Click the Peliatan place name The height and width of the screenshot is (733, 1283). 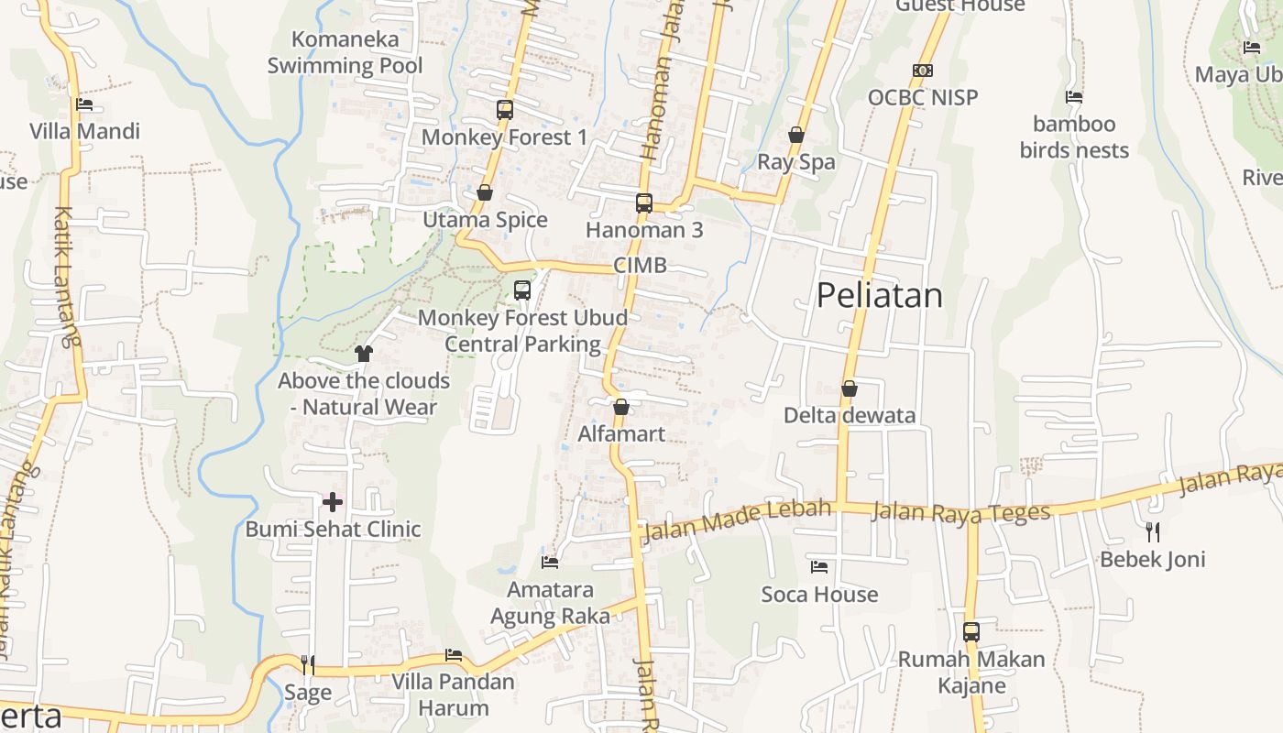click(x=879, y=295)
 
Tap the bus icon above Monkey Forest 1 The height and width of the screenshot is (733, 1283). click(x=504, y=110)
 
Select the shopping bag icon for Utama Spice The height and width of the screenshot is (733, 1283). click(x=485, y=192)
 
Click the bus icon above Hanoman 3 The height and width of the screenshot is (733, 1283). click(x=644, y=202)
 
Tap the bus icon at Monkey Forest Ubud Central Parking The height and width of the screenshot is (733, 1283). click(x=522, y=290)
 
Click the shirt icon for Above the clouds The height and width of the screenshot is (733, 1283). click(x=364, y=354)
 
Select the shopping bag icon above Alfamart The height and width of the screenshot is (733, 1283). click(x=621, y=407)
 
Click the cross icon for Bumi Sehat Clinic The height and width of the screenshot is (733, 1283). click(x=333, y=501)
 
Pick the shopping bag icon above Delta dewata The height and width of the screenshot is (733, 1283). click(x=850, y=388)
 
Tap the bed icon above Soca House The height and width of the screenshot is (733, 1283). click(x=819, y=567)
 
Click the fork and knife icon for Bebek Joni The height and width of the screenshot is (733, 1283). click(x=1153, y=531)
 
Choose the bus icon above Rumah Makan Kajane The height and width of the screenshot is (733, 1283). click(x=971, y=632)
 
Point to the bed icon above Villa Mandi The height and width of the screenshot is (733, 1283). click(x=84, y=104)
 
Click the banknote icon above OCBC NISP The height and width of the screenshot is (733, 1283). click(x=923, y=71)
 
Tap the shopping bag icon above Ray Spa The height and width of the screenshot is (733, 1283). click(x=796, y=135)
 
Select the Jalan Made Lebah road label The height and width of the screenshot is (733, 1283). click(x=739, y=519)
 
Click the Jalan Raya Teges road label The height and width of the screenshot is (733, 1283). click(x=960, y=511)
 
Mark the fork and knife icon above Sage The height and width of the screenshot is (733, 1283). click(x=308, y=664)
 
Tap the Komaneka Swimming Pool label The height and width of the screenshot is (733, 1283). click(x=345, y=52)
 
